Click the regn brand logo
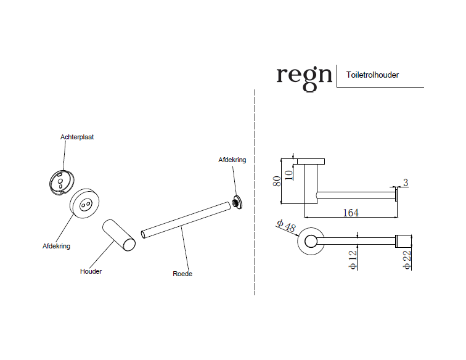304,78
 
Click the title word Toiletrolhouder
372,75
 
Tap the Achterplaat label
77,137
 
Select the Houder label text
91,271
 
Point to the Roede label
182,274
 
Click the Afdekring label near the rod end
232,160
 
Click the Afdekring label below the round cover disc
57,246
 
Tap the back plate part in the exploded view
62,182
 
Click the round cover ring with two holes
84,203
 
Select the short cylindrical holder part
119,235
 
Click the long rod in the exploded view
186,220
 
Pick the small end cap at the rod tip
237,202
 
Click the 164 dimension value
351,213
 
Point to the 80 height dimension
277,181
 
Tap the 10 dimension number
288,175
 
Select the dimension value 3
406,182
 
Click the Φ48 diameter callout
286,226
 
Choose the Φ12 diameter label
353,260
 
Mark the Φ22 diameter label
407,260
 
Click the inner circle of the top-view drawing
311,235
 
